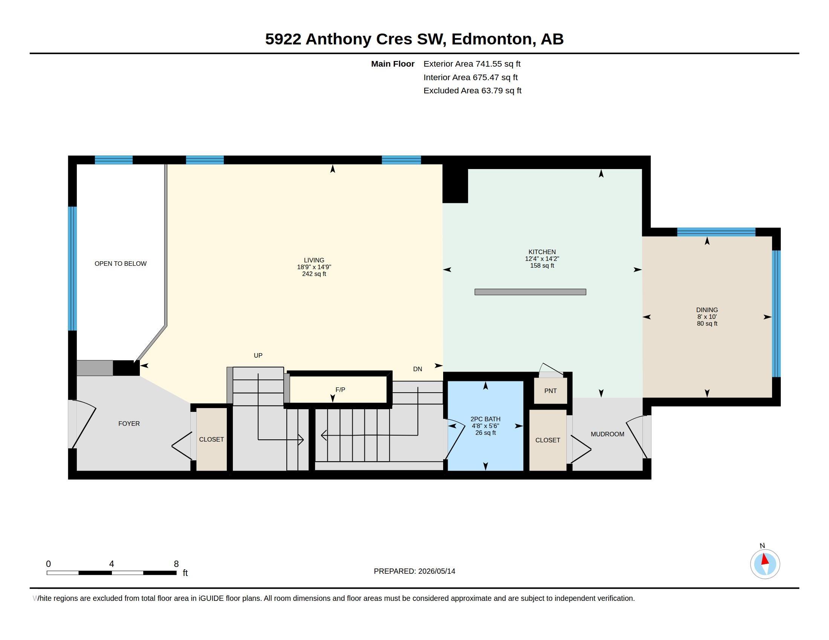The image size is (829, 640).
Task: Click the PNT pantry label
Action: [x=550, y=391]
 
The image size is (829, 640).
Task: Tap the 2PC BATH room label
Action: [x=485, y=419]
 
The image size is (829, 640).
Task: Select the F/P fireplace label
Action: [x=340, y=390]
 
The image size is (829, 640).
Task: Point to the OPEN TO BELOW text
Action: [x=120, y=264]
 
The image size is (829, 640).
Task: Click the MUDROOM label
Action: [x=607, y=434]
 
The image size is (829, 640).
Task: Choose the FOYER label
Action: [x=129, y=424]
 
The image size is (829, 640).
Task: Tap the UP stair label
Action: [x=258, y=355]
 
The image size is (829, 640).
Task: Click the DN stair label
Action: [x=418, y=369]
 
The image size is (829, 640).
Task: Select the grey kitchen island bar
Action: [x=530, y=292]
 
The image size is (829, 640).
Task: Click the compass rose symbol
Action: [x=765, y=564]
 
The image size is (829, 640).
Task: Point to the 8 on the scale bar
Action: [x=176, y=564]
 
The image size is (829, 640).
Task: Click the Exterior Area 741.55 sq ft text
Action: [x=472, y=64]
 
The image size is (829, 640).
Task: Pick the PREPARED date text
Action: [x=414, y=571]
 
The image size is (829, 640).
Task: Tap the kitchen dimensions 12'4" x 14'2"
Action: [x=542, y=259]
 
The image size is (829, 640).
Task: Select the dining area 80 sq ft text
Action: [x=707, y=323]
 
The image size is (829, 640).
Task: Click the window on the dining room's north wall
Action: [x=716, y=232]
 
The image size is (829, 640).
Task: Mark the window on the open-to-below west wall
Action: [x=72, y=268]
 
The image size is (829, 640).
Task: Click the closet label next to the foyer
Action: [x=211, y=439]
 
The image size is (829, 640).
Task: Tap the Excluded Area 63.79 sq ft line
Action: [x=473, y=91]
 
